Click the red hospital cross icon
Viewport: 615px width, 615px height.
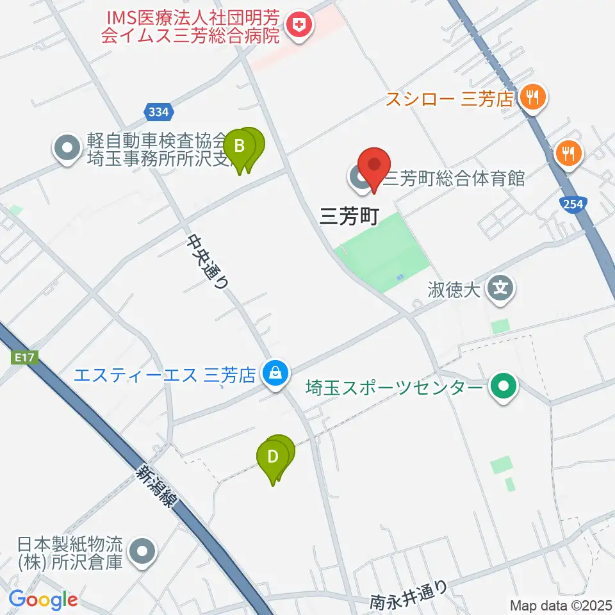point(299,26)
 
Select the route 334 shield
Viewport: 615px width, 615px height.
point(159,112)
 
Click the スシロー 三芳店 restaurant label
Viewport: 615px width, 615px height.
point(450,99)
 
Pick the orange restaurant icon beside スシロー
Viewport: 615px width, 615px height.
point(532,98)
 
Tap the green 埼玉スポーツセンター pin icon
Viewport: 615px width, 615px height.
point(504,387)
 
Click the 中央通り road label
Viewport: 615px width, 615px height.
point(208,262)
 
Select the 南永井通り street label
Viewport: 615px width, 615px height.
point(408,594)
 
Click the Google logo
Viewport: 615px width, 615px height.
point(43,600)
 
